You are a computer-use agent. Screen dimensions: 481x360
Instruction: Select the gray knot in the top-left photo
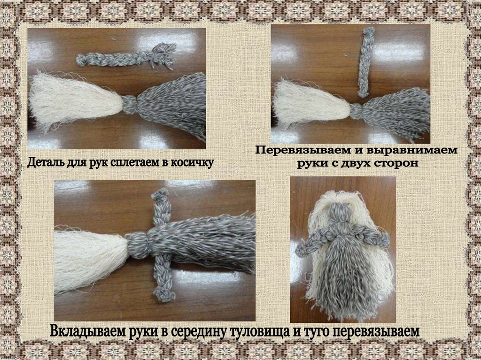click(x=130, y=104)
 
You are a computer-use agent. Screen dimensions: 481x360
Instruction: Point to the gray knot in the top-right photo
click(x=356, y=111)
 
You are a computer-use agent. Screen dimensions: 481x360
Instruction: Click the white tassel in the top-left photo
click(x=75, y=100)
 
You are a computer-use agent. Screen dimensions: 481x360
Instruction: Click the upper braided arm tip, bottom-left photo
click(x=160, y=195)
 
